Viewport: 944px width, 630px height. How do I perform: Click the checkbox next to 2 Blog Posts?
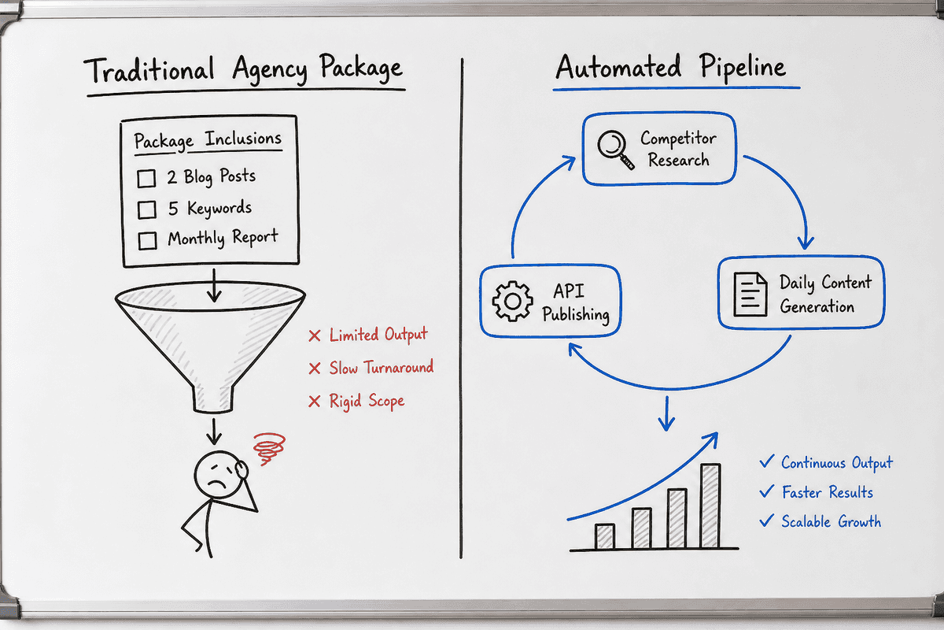point(146,178)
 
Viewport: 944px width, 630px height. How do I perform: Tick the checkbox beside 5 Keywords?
point(146,209)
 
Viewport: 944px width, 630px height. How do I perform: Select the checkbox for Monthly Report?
point(148,240)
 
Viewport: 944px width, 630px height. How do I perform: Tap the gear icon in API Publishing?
point(512,302)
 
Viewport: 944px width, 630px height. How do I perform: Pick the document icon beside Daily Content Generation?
point(750,294)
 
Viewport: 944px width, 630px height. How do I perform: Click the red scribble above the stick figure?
point(269,449)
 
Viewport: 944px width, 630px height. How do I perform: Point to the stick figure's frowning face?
point(219,475)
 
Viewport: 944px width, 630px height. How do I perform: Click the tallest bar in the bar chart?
point(710,506)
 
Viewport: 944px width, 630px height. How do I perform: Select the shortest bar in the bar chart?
point(605,536)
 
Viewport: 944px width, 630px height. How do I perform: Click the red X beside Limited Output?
point(315,336)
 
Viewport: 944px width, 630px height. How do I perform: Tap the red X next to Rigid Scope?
point(315,402)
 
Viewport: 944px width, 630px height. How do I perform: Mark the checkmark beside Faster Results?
point(766,491)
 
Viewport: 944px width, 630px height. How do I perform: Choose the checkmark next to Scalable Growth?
point(766,521)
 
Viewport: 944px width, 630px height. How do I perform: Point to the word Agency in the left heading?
point(270,69)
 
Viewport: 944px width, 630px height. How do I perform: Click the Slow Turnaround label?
point(381,368)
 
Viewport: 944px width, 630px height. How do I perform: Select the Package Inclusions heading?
point(208,140)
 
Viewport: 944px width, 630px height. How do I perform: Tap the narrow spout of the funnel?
point(213,398)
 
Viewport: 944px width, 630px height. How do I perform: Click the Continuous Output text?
point(837,463)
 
